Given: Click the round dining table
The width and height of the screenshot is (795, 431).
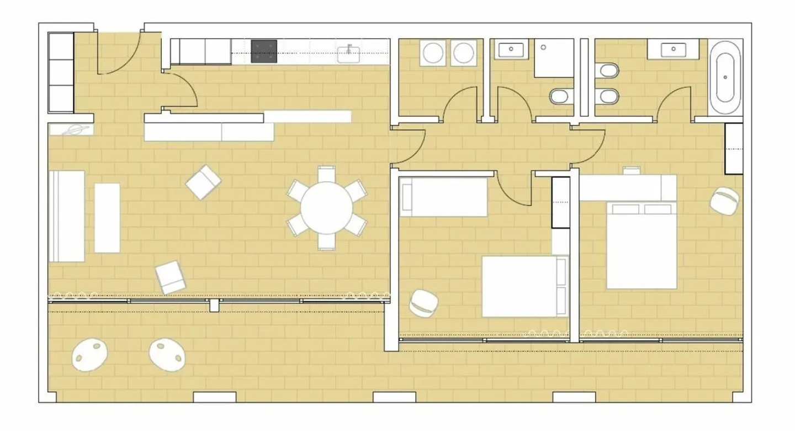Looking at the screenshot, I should coord(327,208).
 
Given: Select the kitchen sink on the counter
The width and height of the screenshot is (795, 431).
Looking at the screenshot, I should coord(348,54).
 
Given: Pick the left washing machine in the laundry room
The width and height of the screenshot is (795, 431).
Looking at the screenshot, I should coord(433,53).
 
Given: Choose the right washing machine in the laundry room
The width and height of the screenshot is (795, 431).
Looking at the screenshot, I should coord(463,53).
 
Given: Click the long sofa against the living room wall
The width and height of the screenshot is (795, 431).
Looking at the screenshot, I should coord(67,215).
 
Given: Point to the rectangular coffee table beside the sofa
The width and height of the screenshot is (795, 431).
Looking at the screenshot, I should coord(107,218).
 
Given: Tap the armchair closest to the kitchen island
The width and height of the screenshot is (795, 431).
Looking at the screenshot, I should coord(203,182).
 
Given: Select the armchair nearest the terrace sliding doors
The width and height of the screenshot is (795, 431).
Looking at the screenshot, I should coord(171,277).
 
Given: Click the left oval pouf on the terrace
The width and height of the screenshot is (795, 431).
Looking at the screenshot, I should coord(89,354).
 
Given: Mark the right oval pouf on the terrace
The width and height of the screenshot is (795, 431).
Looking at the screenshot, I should coord(167,354).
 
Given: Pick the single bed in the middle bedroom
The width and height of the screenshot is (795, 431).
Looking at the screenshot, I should coord(443,197).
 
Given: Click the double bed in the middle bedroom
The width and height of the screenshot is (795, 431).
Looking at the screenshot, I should coord(524,286).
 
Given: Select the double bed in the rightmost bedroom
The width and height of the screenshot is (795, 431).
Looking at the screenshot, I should coord(642,245).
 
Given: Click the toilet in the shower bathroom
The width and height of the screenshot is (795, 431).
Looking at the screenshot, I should coord(561,97).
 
